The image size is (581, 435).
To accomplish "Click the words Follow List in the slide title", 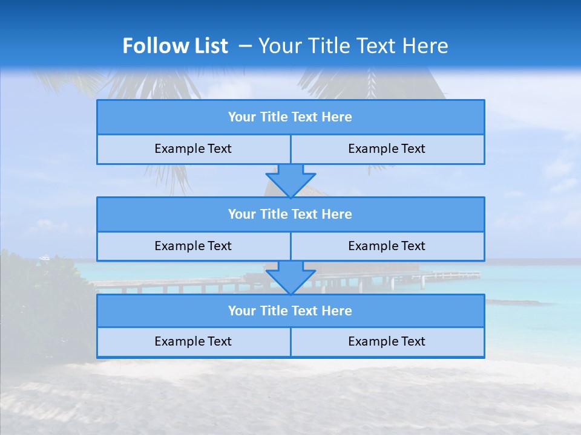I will (x=175, y=46).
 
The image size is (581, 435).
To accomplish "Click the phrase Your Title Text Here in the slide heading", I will (x=353, y=46).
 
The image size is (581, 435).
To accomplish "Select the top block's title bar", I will (x=290, y=117).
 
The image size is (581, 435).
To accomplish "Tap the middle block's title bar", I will (x=290, y=214).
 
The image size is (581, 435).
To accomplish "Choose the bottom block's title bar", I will (x=290, y=311).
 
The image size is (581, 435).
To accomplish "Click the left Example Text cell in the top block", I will (x=193, y=149).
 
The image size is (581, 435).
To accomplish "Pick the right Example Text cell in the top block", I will (x=387, y=149).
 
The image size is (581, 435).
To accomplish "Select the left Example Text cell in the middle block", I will (x=193, y=246).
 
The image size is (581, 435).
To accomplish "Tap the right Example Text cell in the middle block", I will (x=387, y=246).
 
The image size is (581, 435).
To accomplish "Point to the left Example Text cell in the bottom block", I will (x=193, y=341).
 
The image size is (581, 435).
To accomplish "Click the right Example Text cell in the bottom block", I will (x=387, y=341).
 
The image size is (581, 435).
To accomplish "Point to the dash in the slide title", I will (x=246, y=46).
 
